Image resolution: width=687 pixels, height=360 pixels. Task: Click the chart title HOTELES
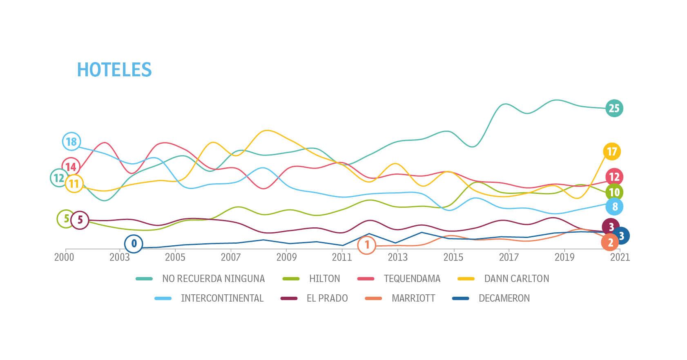coord(114,70)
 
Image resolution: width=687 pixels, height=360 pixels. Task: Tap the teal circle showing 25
coord(614,108)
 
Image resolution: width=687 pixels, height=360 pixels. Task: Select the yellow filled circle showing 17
coord(611,152)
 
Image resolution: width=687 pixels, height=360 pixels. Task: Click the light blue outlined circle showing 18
coord(71,142)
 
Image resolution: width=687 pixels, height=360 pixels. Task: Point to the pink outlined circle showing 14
coord(71,167)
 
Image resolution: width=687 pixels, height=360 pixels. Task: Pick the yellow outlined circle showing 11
coord(74,184)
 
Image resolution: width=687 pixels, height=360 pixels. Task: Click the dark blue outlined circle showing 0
coord(134,244)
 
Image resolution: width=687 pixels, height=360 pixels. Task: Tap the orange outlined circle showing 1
coord(367,245)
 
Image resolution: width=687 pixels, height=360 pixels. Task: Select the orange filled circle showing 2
coord(610,242)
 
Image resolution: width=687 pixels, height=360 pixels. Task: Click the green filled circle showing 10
coord(614,192)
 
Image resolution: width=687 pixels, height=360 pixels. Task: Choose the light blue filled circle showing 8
coord(615,207)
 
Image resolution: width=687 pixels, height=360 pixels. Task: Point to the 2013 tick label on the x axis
coord(397,257)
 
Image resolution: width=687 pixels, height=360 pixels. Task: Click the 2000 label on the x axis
coord(64,257)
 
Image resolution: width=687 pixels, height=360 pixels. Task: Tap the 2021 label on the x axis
coord(620,257)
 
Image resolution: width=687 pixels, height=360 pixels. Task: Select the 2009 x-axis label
coord(286,257)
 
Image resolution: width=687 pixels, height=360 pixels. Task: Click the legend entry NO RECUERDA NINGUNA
coord(213,279)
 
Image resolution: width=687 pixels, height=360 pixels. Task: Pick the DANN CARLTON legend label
coord(516,279)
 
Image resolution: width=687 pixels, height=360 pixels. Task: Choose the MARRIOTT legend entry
coord(413,298)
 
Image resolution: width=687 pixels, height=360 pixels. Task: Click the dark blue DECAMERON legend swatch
coord(460,298)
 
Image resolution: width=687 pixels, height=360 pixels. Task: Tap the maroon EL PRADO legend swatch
coord(289,298)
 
